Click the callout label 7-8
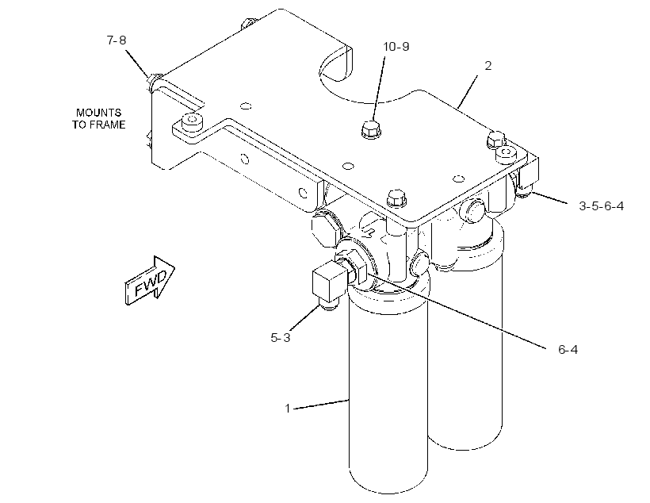pos(117,40)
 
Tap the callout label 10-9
pos(396,47)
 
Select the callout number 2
pos(488,66)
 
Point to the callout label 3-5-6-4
pos(601,205)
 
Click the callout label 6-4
pos(568,349)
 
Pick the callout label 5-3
pos(281,338)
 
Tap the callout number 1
pos(287,409)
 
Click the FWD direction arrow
pos(150,280)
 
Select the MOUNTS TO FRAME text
pos(98,118)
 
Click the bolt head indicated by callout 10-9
pos(372,129)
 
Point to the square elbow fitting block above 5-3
pos(328,282)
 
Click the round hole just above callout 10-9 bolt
pos(246,106)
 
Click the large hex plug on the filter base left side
pos(326,228)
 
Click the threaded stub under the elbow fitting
pos(329,306)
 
